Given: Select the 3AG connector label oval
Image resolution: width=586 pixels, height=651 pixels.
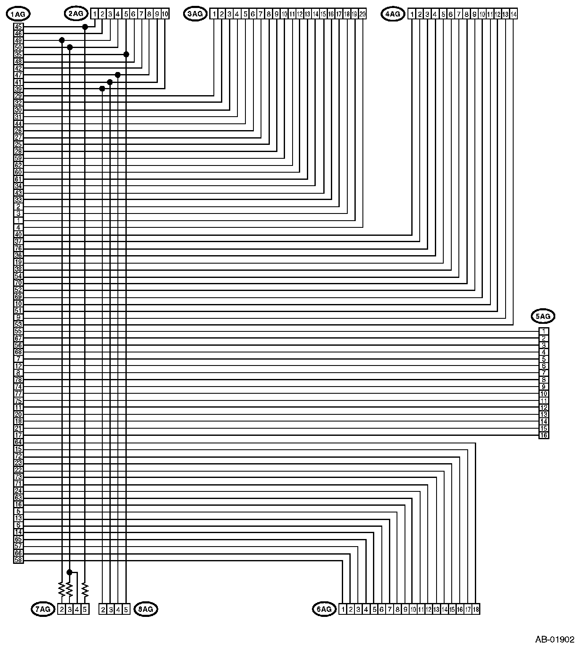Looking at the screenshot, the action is click(x=195, y=14).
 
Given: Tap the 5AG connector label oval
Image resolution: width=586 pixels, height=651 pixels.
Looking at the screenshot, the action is click(x=543, y=316).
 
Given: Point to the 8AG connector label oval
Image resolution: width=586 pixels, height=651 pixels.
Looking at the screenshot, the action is click(x=146, y=609).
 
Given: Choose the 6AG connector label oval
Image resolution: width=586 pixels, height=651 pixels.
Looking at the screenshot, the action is click(x=324, y=609).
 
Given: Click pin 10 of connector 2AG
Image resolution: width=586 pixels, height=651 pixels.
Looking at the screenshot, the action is click(x=165, y=14).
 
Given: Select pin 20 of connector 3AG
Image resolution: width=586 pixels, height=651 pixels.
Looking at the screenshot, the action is click(x=362, y=14).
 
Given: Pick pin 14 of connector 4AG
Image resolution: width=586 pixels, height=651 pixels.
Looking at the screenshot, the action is click(x=514, y=14).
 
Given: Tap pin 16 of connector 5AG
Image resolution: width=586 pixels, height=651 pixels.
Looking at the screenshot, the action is click(x=544, y=435).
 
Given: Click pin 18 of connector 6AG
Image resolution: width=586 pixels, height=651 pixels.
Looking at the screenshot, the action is click(x=476, y=609).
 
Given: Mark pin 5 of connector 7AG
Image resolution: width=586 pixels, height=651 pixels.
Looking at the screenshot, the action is click(x=85, y=609).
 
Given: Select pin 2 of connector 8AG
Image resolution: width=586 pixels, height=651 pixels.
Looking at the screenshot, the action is click(x=103, y=609).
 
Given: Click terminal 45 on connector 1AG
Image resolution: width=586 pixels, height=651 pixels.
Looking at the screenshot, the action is click(x=19, y=27).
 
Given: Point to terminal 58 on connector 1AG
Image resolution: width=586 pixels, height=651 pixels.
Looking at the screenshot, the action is click(x=19, y=560).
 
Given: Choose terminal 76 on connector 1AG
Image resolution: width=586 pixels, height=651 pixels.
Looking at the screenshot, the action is click(x=19, y=248).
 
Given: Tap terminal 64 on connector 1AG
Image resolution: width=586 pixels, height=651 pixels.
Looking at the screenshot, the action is click(x=19, y=442).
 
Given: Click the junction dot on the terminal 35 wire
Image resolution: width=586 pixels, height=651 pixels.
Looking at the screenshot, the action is click(x=126, y=54).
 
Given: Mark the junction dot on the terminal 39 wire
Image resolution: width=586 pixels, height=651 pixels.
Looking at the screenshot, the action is click(x=102, y=88).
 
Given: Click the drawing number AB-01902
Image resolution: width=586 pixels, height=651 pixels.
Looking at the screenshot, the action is click(x=554, y=640).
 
